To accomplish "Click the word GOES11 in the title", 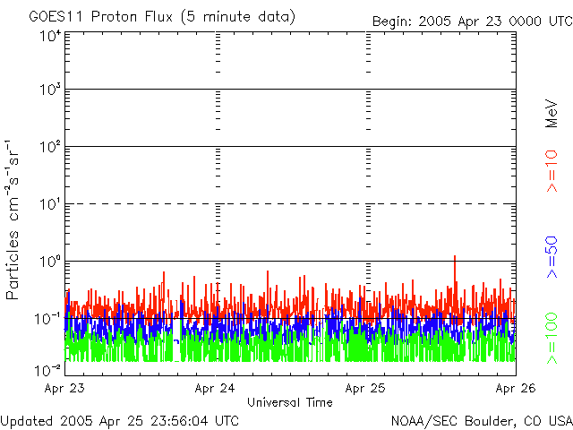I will click(x=54, y=17).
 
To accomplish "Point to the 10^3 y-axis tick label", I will click(x=50, y=90).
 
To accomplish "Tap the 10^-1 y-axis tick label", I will click(x=48, y=318).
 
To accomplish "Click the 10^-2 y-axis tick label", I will click(x=48, y=368).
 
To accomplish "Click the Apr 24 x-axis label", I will click(x=217, y=389).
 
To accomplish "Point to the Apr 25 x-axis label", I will click(x=367, y=389).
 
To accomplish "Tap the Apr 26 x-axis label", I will click(x=515, y=389).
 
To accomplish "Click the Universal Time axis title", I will click(x=289, y=402).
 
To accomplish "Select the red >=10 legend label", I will click(x=552, y=171).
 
